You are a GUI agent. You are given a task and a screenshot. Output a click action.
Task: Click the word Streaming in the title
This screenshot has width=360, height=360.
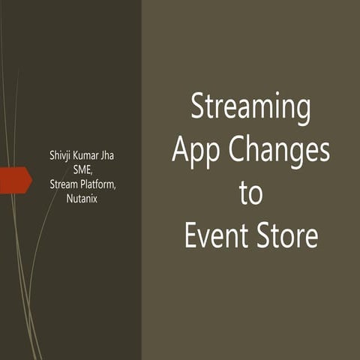click(250, 108)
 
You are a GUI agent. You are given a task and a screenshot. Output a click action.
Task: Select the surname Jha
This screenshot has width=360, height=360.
click(115, 156)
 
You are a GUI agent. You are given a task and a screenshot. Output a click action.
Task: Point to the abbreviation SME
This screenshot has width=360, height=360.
click(82, 169)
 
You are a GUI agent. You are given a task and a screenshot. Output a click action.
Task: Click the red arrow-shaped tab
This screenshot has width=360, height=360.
click(15, 180)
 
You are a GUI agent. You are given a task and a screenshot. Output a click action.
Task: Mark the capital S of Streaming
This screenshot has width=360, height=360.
click(198, 106)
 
